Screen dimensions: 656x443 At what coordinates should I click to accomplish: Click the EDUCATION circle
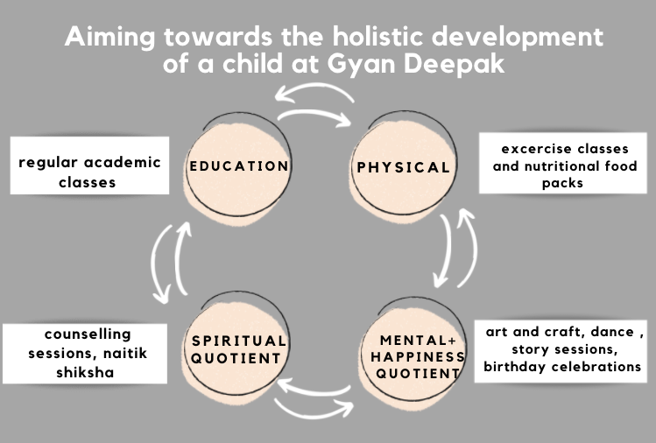tap(237, 167)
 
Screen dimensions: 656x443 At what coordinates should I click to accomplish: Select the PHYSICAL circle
tap(403, 166)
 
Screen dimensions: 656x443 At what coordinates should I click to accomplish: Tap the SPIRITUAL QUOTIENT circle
tap(236, 348)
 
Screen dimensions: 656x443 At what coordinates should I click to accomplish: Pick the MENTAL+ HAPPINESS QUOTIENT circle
tap(414, 355)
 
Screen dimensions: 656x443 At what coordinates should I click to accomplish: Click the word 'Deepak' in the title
tap(455, 65)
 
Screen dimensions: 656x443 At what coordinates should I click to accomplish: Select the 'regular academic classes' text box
tap(89, 165)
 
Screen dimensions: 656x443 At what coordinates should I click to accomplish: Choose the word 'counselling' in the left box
tap(88, 334)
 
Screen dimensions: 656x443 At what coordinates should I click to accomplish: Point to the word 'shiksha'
tap(85, 372)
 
